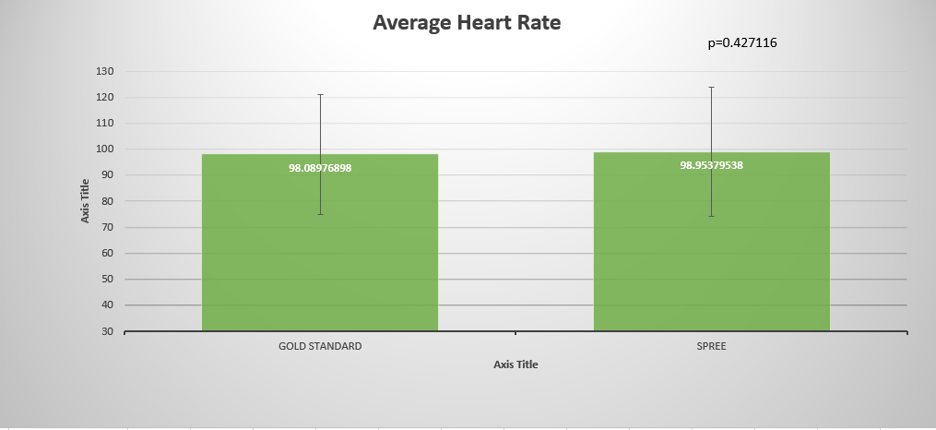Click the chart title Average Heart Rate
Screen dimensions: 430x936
tap(467, 22)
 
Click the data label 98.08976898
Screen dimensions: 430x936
tap(320, 168)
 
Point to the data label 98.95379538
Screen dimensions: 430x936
tap(711, 165)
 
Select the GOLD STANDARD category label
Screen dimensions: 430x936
tap(320, 346)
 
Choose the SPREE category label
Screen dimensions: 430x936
tap(711, 346)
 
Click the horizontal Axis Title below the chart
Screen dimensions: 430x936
tap(515, 364)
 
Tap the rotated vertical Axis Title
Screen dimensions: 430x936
tap(85, 201)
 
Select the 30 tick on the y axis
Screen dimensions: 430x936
tap(107, 330)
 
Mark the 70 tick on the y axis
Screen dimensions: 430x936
tap(107, 227)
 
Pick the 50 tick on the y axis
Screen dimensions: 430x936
tap(107, 279)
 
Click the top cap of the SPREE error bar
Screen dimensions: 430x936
tap(711, 87)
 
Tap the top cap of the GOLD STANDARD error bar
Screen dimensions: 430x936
tap(320, 94)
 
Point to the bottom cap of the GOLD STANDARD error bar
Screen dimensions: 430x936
tap(320, 214)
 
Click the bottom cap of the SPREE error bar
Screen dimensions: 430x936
tap(711, 216)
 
